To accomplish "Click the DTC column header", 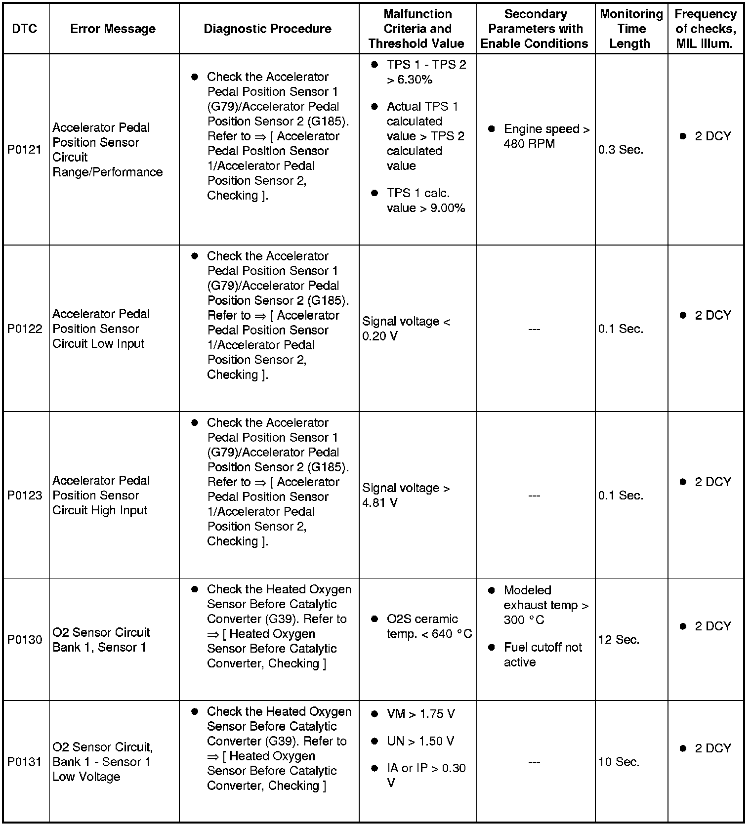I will tap(25, 29).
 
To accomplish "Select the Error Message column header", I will tap(113, 29).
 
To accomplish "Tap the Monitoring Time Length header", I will tap(631, 29).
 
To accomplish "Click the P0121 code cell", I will tap(25, 150).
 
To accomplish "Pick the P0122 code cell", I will tap(25, 329).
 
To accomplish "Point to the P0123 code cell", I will tap(25, 495).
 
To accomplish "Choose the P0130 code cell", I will tap(25, 640).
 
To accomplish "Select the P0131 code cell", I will tap(25, 762).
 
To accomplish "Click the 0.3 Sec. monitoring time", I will tap(621, 150).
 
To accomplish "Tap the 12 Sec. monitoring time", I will tap(619, 640).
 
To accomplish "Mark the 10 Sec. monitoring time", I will tap(619, 762).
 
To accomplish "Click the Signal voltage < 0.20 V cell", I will tap(406, 329).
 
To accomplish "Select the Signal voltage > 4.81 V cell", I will tap(406, 495).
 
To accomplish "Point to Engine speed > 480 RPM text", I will tap(546, 136).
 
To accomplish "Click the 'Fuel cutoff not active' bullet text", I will tap(542, 655).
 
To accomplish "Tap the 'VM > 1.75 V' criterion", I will tap(420, 714).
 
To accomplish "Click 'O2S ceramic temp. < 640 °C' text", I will tap(429, 626).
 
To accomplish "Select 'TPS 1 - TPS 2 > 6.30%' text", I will tap(426, 72).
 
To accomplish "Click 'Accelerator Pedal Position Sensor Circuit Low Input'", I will tap(101, 329).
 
